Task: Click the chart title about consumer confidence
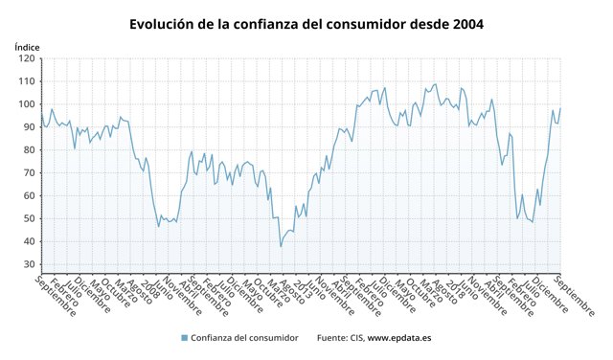click(x=306, y=22)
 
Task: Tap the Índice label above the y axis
click(x=28, y=46)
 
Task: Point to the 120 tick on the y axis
click(x=27, y=58)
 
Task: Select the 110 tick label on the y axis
click(x=27, y=81)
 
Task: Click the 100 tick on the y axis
click(x=27, y=104)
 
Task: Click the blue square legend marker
click(x=184, y=338)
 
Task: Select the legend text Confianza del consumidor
click(x=244, y=338)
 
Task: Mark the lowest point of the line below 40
click(x=281, y=246)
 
